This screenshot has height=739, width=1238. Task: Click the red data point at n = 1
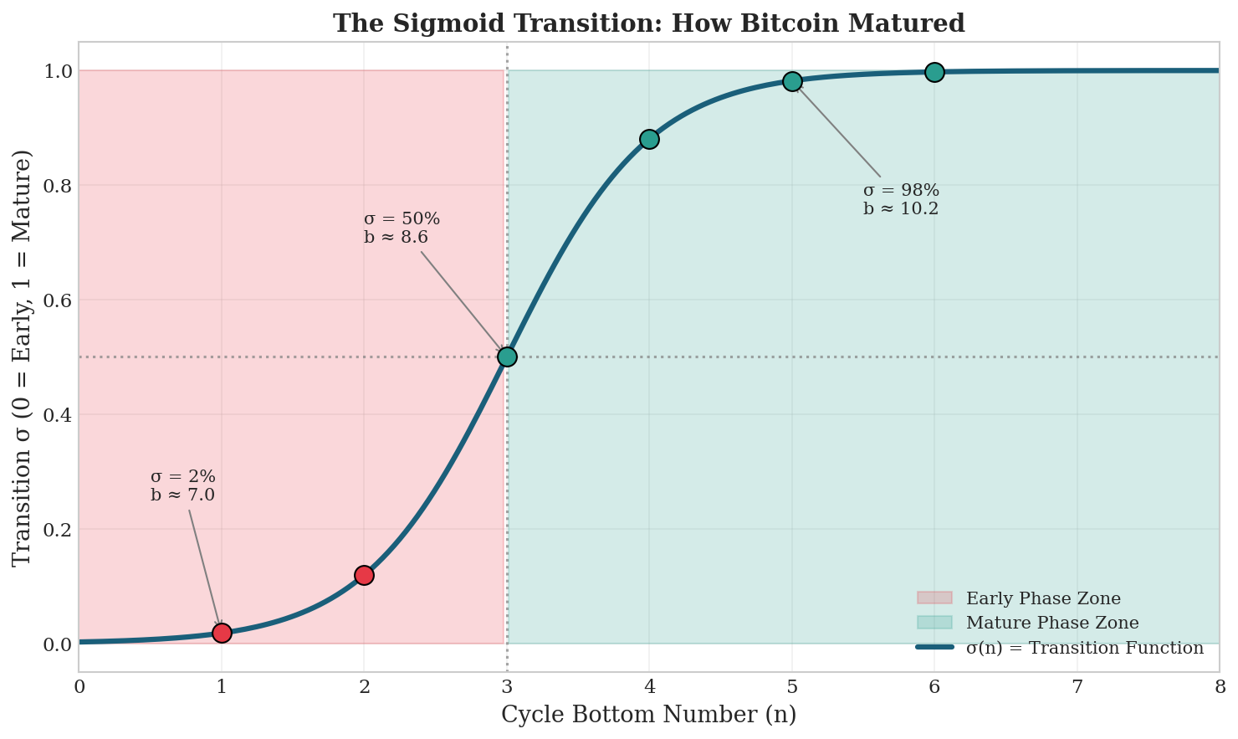pos(222,633)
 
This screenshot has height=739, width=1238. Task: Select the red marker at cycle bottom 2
pos(364,575)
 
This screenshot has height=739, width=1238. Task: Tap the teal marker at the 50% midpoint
pos(507,357)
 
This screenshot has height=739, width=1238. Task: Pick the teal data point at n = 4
pos(649,139)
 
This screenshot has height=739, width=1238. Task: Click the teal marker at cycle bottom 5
pos(792,81)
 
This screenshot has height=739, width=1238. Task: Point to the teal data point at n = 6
pos(934,72)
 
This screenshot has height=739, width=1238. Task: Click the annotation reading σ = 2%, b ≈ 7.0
pos(182,486)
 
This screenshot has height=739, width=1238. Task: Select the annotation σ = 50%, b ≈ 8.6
pos(402,228)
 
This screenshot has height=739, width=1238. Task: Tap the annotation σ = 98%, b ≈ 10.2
pos(901,200)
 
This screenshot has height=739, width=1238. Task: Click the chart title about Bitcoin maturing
pos(648,23)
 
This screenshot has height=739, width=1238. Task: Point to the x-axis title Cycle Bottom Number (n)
pos(648,715)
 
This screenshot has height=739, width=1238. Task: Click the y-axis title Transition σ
pos(23,357)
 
